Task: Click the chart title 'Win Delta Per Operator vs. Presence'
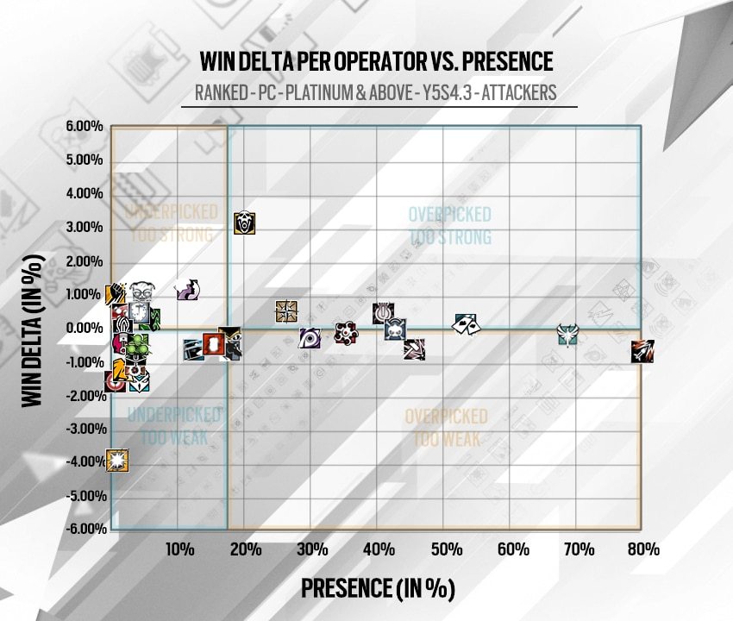point(375,62)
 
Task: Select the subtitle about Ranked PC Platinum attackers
point(375,92)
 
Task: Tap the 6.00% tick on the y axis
point(85,127)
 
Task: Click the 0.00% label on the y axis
point(85,328)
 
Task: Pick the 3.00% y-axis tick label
point(85,227)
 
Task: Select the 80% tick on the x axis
point(643,549)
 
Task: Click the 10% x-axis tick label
point(179,549)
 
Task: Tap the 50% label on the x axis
point(445,549)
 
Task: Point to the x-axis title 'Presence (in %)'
point(377,588)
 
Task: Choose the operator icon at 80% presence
point(642,351)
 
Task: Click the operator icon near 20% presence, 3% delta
point(246,223)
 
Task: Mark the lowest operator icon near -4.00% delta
point(117,461)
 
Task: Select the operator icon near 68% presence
point(567,335)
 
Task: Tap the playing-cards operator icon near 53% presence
point(467,323)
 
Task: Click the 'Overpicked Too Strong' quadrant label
point(449,225)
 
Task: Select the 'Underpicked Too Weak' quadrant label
point(168,426)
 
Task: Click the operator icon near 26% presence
point(286,311)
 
